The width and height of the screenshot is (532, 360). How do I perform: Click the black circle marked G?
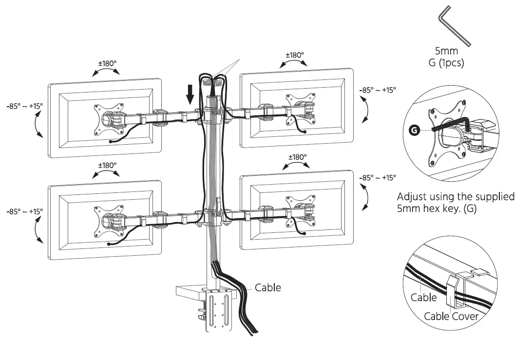click(x=414, y=130)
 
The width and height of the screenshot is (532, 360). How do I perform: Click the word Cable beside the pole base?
click(x=267, y=287)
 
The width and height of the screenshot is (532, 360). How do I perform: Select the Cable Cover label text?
click(x=451, y=316)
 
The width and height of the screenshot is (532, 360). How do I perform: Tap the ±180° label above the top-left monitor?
click(x=107, y=63)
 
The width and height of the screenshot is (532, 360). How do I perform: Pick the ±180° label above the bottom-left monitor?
click(x=107, y=165)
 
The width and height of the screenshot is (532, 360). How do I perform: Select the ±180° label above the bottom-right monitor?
click(x=297, y=157)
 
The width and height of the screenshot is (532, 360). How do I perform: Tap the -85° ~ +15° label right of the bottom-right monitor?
click(x=378, y=178)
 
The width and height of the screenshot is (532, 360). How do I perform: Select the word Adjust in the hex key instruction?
click(x=413, y=197)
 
